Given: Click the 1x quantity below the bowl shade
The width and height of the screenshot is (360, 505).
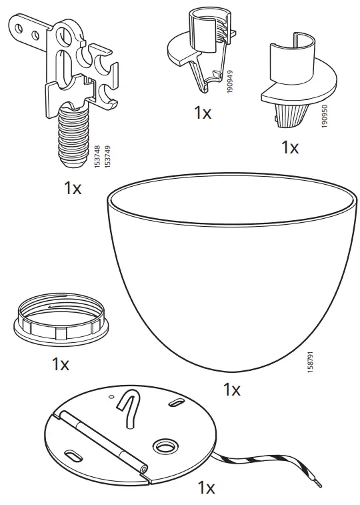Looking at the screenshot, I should (231, 390).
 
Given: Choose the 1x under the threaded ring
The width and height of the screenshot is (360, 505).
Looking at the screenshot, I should (61, 364).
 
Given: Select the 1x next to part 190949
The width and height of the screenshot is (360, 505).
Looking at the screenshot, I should (203, 113).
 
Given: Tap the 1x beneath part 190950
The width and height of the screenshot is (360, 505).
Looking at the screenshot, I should (290, 147).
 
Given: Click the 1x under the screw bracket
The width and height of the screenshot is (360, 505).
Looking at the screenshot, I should (73, 188).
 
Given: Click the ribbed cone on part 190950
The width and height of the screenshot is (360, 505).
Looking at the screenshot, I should (291, 110).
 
